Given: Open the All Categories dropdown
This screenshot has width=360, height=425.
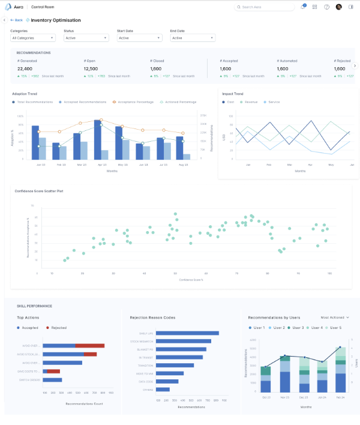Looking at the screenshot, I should point(33,38).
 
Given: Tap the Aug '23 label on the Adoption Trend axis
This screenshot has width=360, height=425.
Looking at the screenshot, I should point(182,164).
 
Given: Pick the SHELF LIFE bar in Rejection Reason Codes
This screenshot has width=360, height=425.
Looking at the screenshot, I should point(188,333).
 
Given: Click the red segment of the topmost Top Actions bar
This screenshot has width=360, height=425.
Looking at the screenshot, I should point(89,346).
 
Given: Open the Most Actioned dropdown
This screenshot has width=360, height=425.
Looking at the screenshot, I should point(335,317).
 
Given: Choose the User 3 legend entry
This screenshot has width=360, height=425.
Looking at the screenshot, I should point(296,328).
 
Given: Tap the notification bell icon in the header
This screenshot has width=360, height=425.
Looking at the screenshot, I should point(303,7).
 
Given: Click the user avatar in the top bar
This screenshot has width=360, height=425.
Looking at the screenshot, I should point(338,7).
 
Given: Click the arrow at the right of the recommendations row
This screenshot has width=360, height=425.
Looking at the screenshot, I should point(355,65).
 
